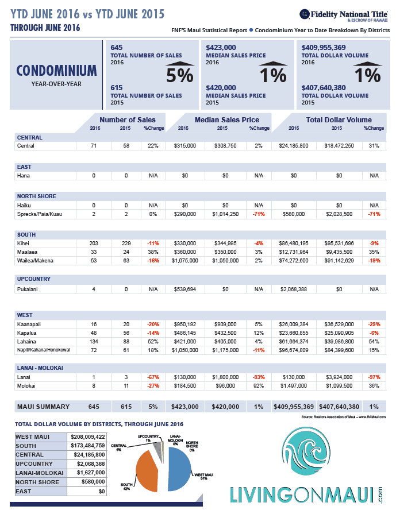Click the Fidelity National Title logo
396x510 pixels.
(x=344, y=14)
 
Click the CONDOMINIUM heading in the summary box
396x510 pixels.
(x=56, y=71)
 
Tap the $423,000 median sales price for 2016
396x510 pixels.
(x=221, y=48)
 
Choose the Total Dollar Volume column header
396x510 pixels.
(x=339, y=119)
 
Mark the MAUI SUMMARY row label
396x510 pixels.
(x=43, y=407)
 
